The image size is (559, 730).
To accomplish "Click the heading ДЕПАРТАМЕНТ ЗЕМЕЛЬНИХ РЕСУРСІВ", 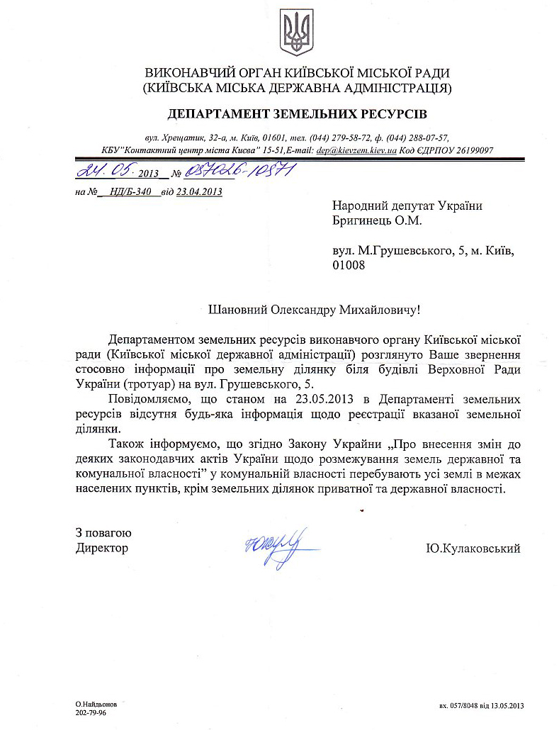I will (298, 113).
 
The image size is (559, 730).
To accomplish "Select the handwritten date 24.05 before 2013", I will (102, 171).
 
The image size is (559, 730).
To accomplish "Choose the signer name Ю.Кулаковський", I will (473, 549).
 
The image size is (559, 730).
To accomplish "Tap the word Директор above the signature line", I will (102, 549).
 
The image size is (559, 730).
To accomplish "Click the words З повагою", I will (103, 534).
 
